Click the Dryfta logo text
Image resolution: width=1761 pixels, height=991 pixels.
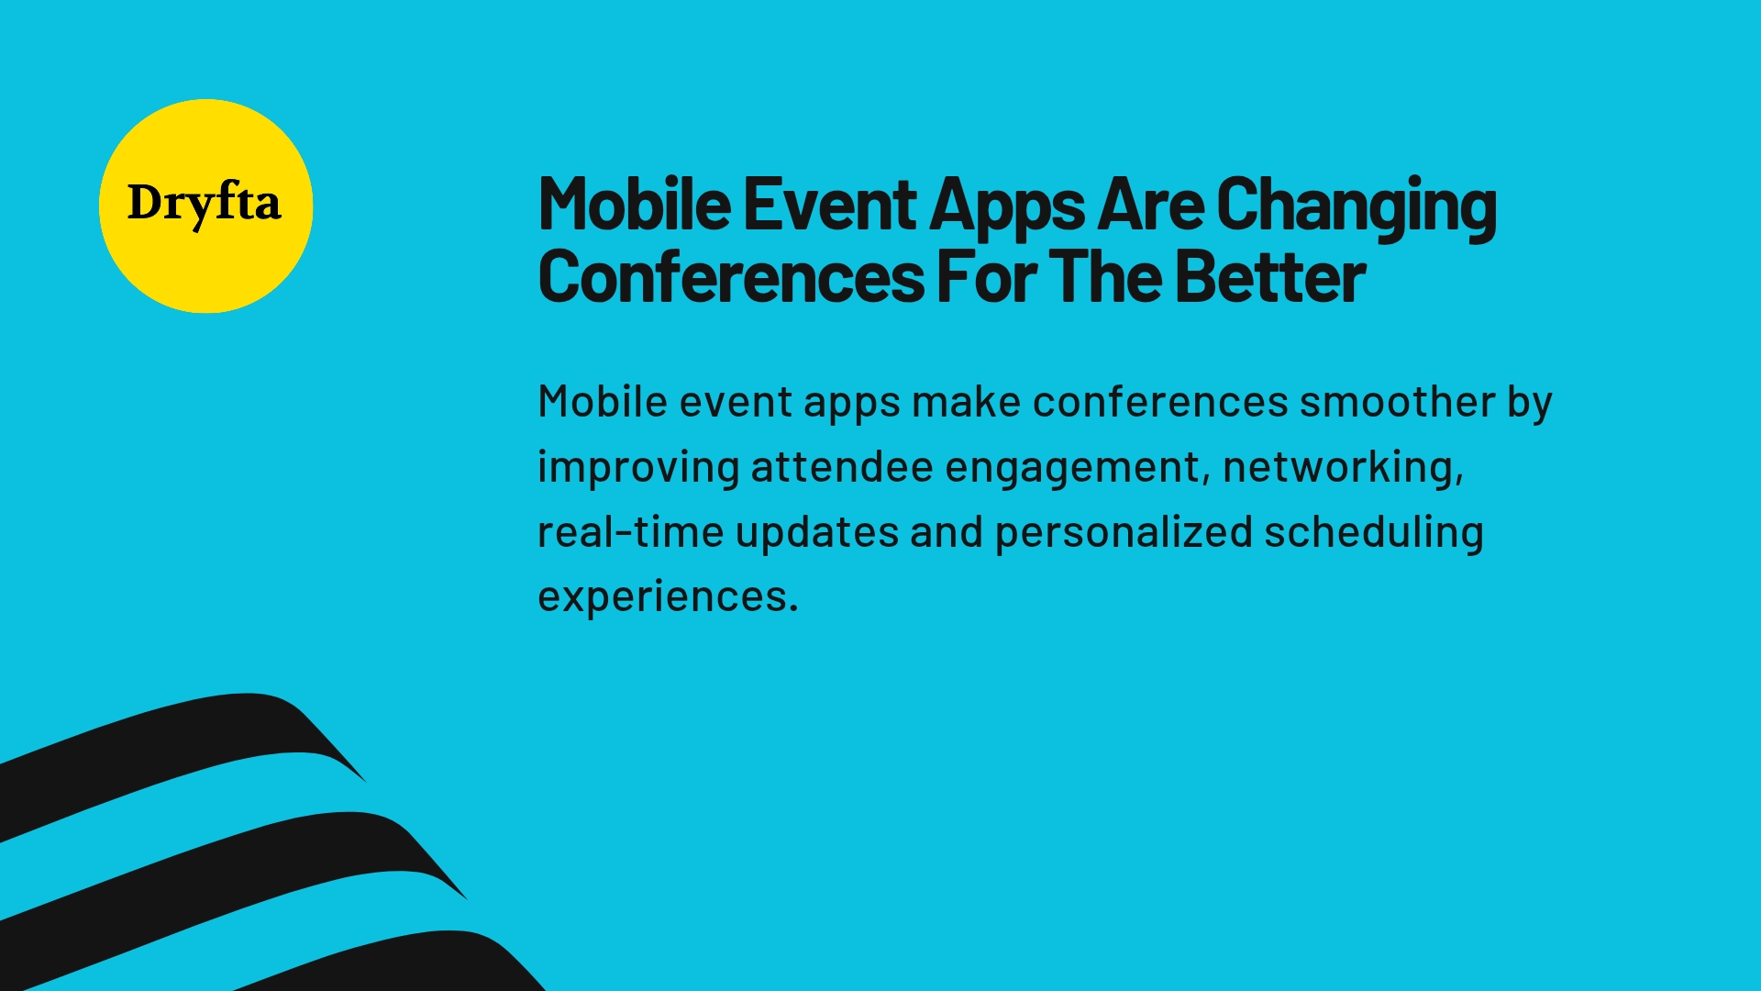[204, 204]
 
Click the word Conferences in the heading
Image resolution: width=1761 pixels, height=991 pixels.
[731, 277]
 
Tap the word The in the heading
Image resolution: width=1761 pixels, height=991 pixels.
[1106, 277]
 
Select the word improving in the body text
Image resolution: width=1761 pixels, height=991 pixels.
[638, 468]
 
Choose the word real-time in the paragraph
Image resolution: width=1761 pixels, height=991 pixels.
[630, 532]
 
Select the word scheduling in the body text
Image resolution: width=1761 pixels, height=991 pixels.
[1373, 533]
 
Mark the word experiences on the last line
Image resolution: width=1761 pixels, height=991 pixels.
[667, 597]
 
